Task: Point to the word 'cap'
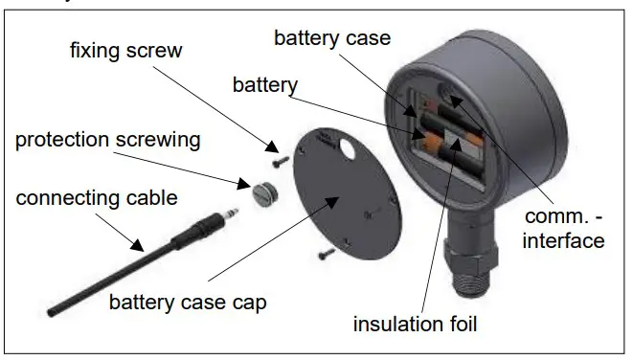click(x=245, y=304)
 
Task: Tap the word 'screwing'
click(x=164, y=140)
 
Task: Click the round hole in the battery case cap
click(x=347, y=151)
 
